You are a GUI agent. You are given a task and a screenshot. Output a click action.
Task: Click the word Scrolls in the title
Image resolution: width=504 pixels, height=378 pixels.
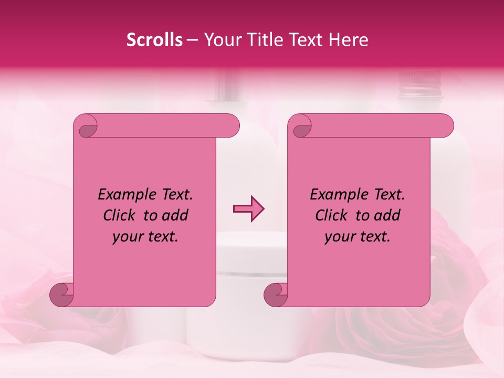154,40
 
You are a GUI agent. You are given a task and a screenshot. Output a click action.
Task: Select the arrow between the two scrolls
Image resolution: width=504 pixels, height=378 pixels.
248,209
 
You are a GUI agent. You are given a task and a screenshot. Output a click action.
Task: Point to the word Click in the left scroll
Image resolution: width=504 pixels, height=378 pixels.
121,215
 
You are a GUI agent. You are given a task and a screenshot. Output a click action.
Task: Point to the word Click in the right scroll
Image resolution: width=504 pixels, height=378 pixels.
333,215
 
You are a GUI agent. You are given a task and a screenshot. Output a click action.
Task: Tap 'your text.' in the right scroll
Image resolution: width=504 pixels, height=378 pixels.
358,236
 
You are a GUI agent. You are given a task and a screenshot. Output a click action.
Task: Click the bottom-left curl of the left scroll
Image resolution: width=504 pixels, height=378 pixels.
61,295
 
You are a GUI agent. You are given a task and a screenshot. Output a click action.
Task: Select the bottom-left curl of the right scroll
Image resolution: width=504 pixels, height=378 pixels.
276,295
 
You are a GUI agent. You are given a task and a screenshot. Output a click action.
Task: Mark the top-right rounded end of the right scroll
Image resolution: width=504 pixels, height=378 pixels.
444,126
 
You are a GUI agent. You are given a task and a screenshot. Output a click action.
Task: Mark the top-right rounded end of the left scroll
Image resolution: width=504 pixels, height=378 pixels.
230,126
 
